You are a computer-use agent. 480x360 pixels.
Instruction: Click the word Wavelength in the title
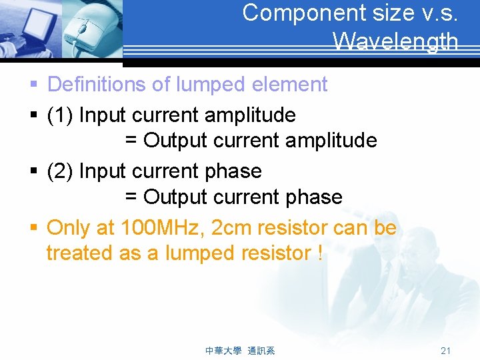point(395,42)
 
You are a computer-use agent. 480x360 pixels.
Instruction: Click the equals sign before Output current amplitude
point(131,141)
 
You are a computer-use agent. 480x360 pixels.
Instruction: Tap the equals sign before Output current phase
point(131,197)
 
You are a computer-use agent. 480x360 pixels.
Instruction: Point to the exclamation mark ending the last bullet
point(320,253)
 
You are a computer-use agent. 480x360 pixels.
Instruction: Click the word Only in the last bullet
point(69,228)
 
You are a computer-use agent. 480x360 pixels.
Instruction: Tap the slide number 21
point(446,351)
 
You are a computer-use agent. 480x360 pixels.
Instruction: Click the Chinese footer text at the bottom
point(240,351)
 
